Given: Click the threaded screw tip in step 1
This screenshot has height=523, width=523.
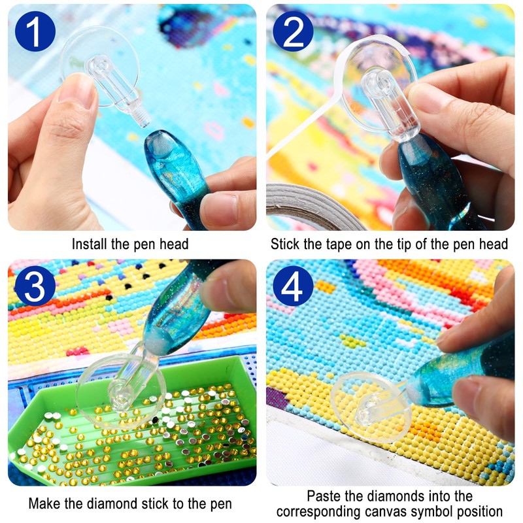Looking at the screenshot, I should [x=142, y=118].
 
